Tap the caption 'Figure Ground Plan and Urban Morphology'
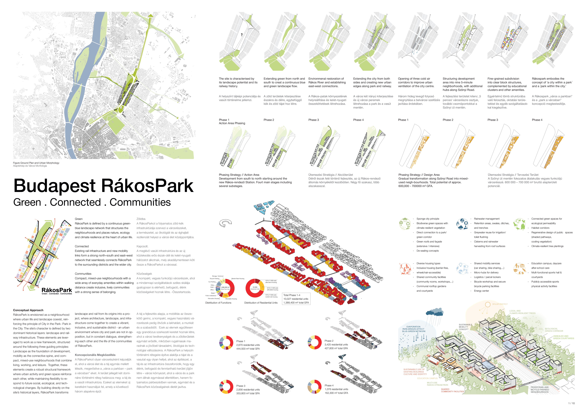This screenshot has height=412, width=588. click(36, 163)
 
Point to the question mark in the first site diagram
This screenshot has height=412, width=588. click(242, 35)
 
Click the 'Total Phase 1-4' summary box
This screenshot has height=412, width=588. click(296, 299)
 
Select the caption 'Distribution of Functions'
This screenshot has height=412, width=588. click(218, 303)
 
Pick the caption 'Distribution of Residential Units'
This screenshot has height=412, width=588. click(261, 303)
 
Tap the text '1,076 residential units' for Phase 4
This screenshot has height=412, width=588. click(336, 389)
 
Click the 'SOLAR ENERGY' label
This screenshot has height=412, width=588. click(500, 304)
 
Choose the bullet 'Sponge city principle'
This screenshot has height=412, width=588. click(428, 219)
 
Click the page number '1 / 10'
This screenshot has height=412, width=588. click(571, 403)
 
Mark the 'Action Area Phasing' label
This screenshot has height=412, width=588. click(232, 123)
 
